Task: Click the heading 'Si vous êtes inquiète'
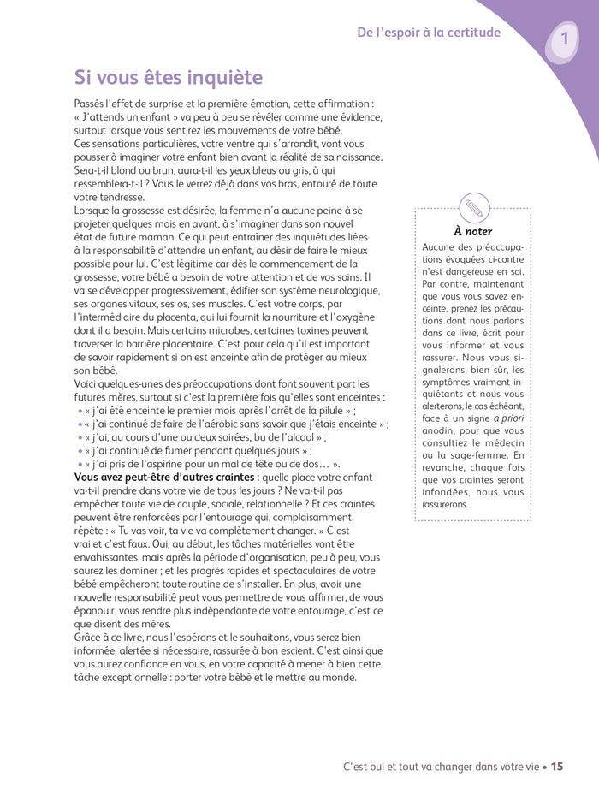coord(169,78)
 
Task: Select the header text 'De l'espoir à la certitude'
coord(429,33)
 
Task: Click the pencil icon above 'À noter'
coord(472,207)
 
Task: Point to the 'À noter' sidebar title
coord(472,231)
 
